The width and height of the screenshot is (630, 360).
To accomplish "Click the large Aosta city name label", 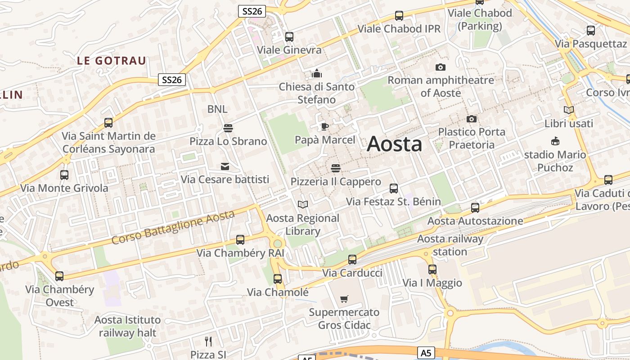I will tap(395, 144).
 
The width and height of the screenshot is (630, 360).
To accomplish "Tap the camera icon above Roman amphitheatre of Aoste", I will tap(441, 67).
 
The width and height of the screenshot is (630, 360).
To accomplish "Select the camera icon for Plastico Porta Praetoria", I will tap(472, 119).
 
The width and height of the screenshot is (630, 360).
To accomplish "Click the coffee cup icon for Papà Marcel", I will tap(324, 126).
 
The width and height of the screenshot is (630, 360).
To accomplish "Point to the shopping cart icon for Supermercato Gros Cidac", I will tap(344, 299).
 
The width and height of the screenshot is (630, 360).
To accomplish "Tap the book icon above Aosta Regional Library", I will tap(303, 205).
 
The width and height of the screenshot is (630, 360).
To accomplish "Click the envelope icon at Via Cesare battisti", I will tap(225, 166).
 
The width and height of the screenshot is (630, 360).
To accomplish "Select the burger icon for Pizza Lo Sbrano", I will tap(228, 128).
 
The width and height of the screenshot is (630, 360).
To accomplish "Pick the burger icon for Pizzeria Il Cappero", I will tap(335, 169).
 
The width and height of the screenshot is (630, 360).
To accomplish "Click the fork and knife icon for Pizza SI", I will tap(208, 342).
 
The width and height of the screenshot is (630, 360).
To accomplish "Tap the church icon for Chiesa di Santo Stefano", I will tap(317, 73).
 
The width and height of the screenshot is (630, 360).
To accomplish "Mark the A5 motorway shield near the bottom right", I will tap(426, 353).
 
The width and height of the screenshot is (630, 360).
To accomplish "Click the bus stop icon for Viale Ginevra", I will tap(289, 37).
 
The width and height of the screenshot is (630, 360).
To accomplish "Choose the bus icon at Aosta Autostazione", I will tap(475, 208).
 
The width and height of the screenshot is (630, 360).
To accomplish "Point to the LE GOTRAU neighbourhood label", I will tap(112, 61).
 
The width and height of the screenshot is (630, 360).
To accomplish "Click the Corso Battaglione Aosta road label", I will tap(173, 227).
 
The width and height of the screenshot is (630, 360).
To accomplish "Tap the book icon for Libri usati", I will tap(569, 110).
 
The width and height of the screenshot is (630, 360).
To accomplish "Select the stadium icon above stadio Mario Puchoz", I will tap(555, 141).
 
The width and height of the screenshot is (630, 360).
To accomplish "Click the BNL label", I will tap(217, 109).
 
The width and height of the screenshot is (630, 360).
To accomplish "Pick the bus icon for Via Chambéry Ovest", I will tap(59, 276).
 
